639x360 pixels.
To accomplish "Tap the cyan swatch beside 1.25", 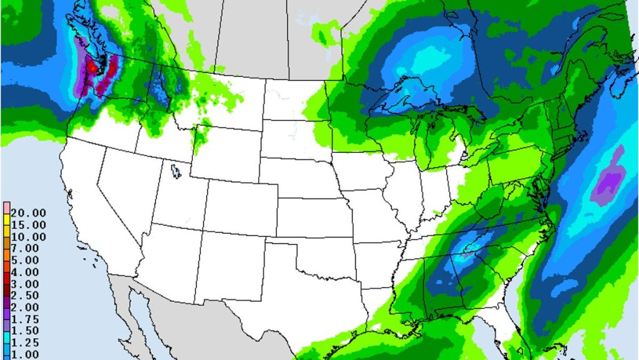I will coord(5,343).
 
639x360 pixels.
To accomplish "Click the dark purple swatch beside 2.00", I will coord(5,307).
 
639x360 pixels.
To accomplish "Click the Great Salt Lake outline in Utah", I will coord(175,170).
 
